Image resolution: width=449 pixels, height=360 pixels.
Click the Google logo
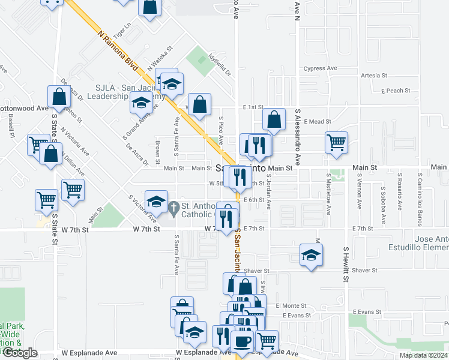(20, 353)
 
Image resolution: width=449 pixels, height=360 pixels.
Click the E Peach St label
(396, 91)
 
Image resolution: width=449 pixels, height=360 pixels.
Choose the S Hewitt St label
(346, 264)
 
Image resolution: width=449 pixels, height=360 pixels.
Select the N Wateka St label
(160, 56)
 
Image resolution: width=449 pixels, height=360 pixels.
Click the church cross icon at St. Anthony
(174, 208)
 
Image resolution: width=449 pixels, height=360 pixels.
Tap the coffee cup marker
(243, 341)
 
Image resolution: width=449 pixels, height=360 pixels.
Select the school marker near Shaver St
(311, 254)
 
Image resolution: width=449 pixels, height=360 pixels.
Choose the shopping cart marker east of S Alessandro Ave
(337, 142)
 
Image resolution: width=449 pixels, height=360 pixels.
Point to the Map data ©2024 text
(424, 355)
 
